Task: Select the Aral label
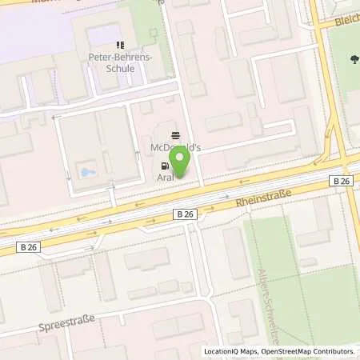(166, 177)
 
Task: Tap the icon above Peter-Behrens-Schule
(120, 45)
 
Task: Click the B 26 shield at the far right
(340, 182)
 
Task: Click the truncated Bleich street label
(347, 19)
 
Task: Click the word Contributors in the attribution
(334, 351)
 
